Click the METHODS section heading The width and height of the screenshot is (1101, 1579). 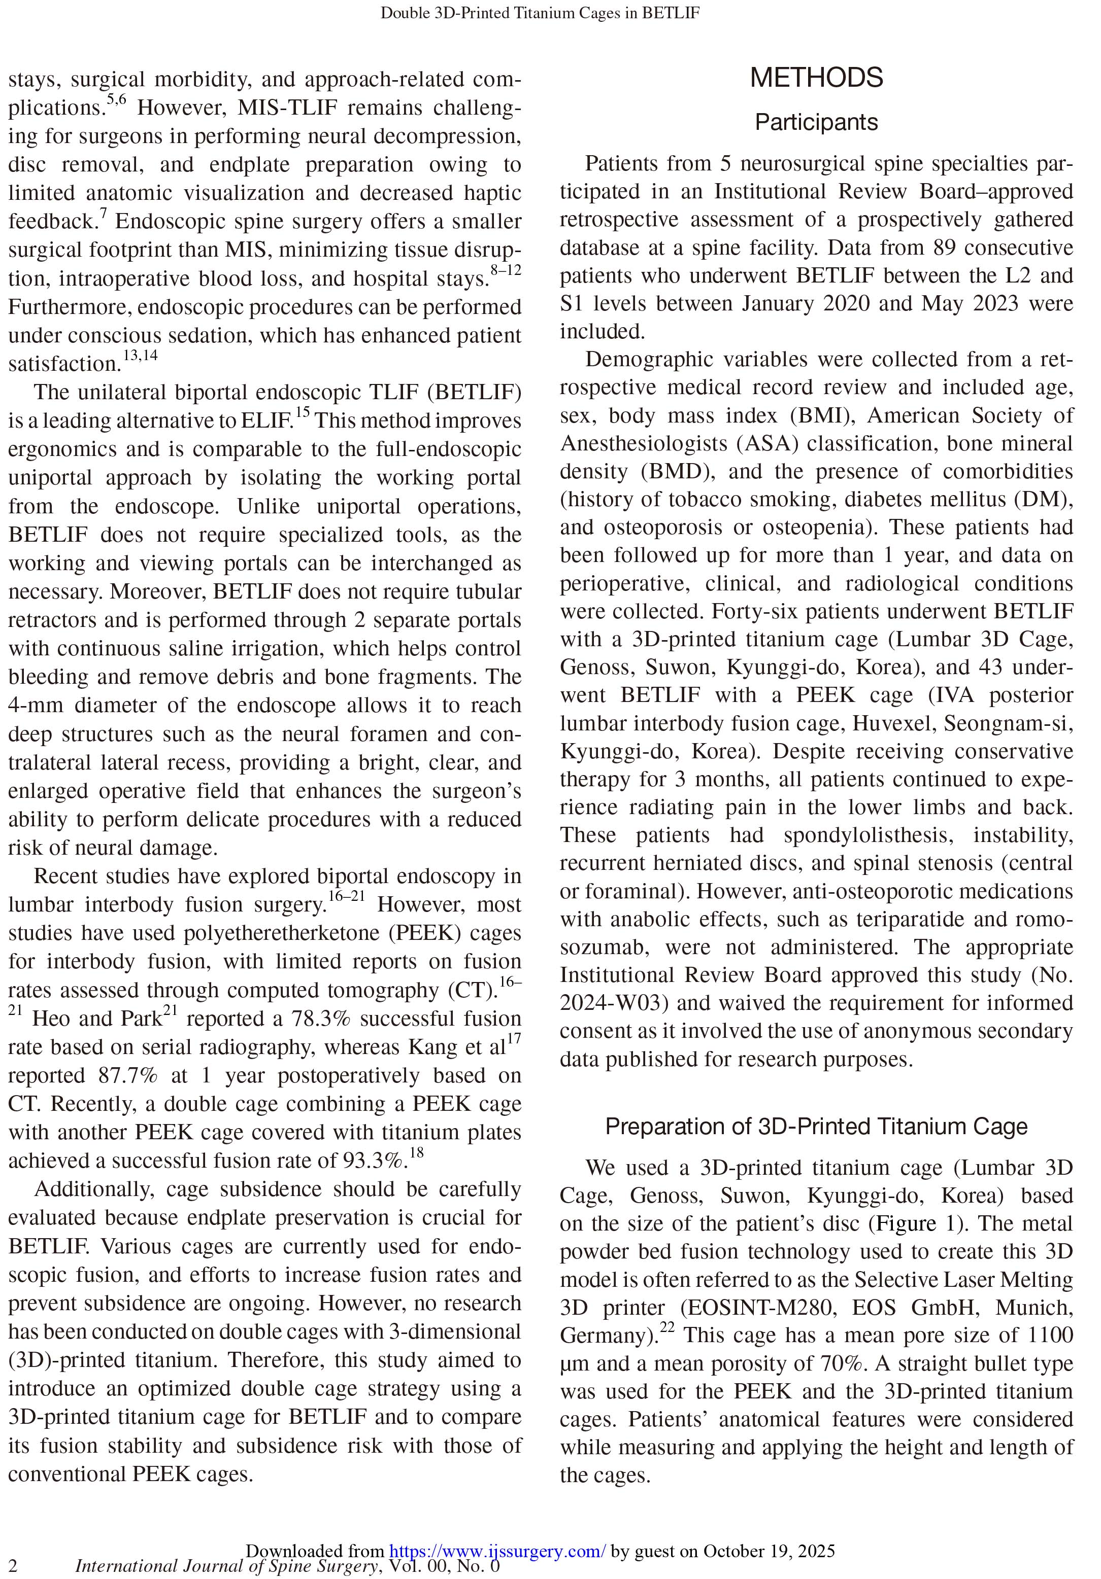click(x=816, y=78)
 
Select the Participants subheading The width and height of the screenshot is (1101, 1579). click(x=816, y=122)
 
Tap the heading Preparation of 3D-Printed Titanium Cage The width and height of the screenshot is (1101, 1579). click(x=816, y=1127)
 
